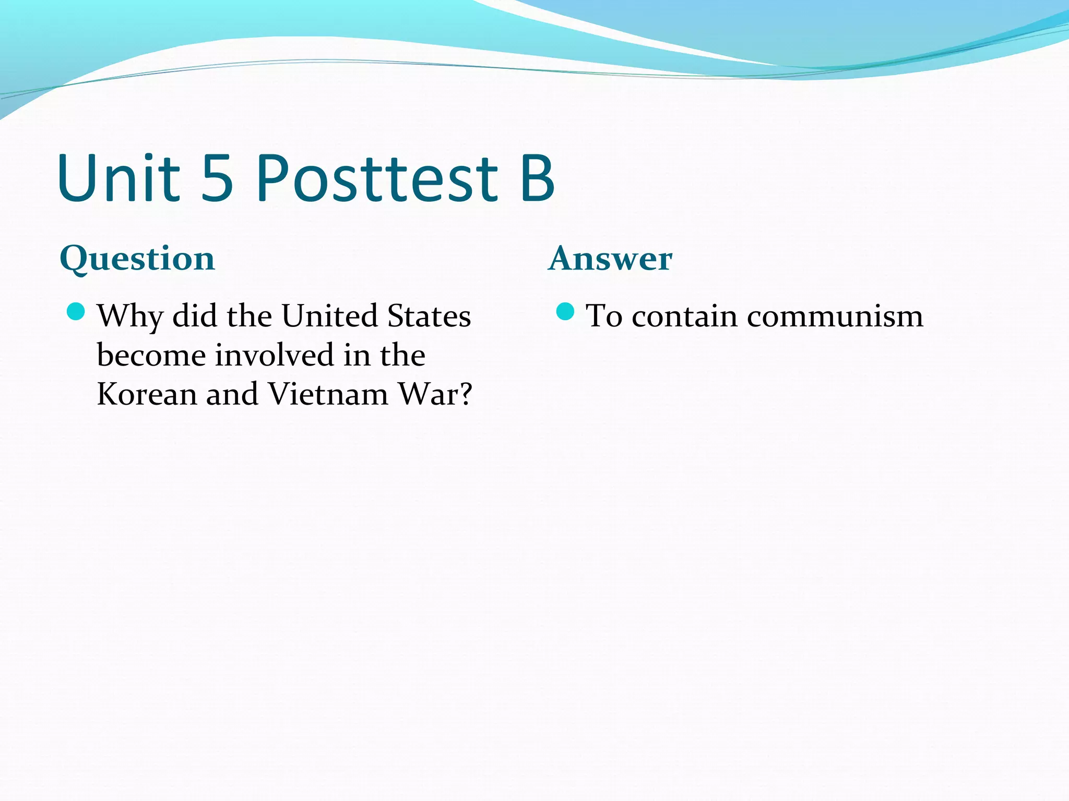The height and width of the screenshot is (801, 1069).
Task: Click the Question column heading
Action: click(137, 259)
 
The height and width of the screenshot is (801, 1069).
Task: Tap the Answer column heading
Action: click(610, 258)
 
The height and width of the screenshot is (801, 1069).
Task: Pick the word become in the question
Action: click(151, 355)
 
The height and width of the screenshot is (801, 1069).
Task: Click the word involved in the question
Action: click(274, 355)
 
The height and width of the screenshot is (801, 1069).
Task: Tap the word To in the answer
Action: click(604, 315)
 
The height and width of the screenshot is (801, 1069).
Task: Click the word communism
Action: click(835, 315)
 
